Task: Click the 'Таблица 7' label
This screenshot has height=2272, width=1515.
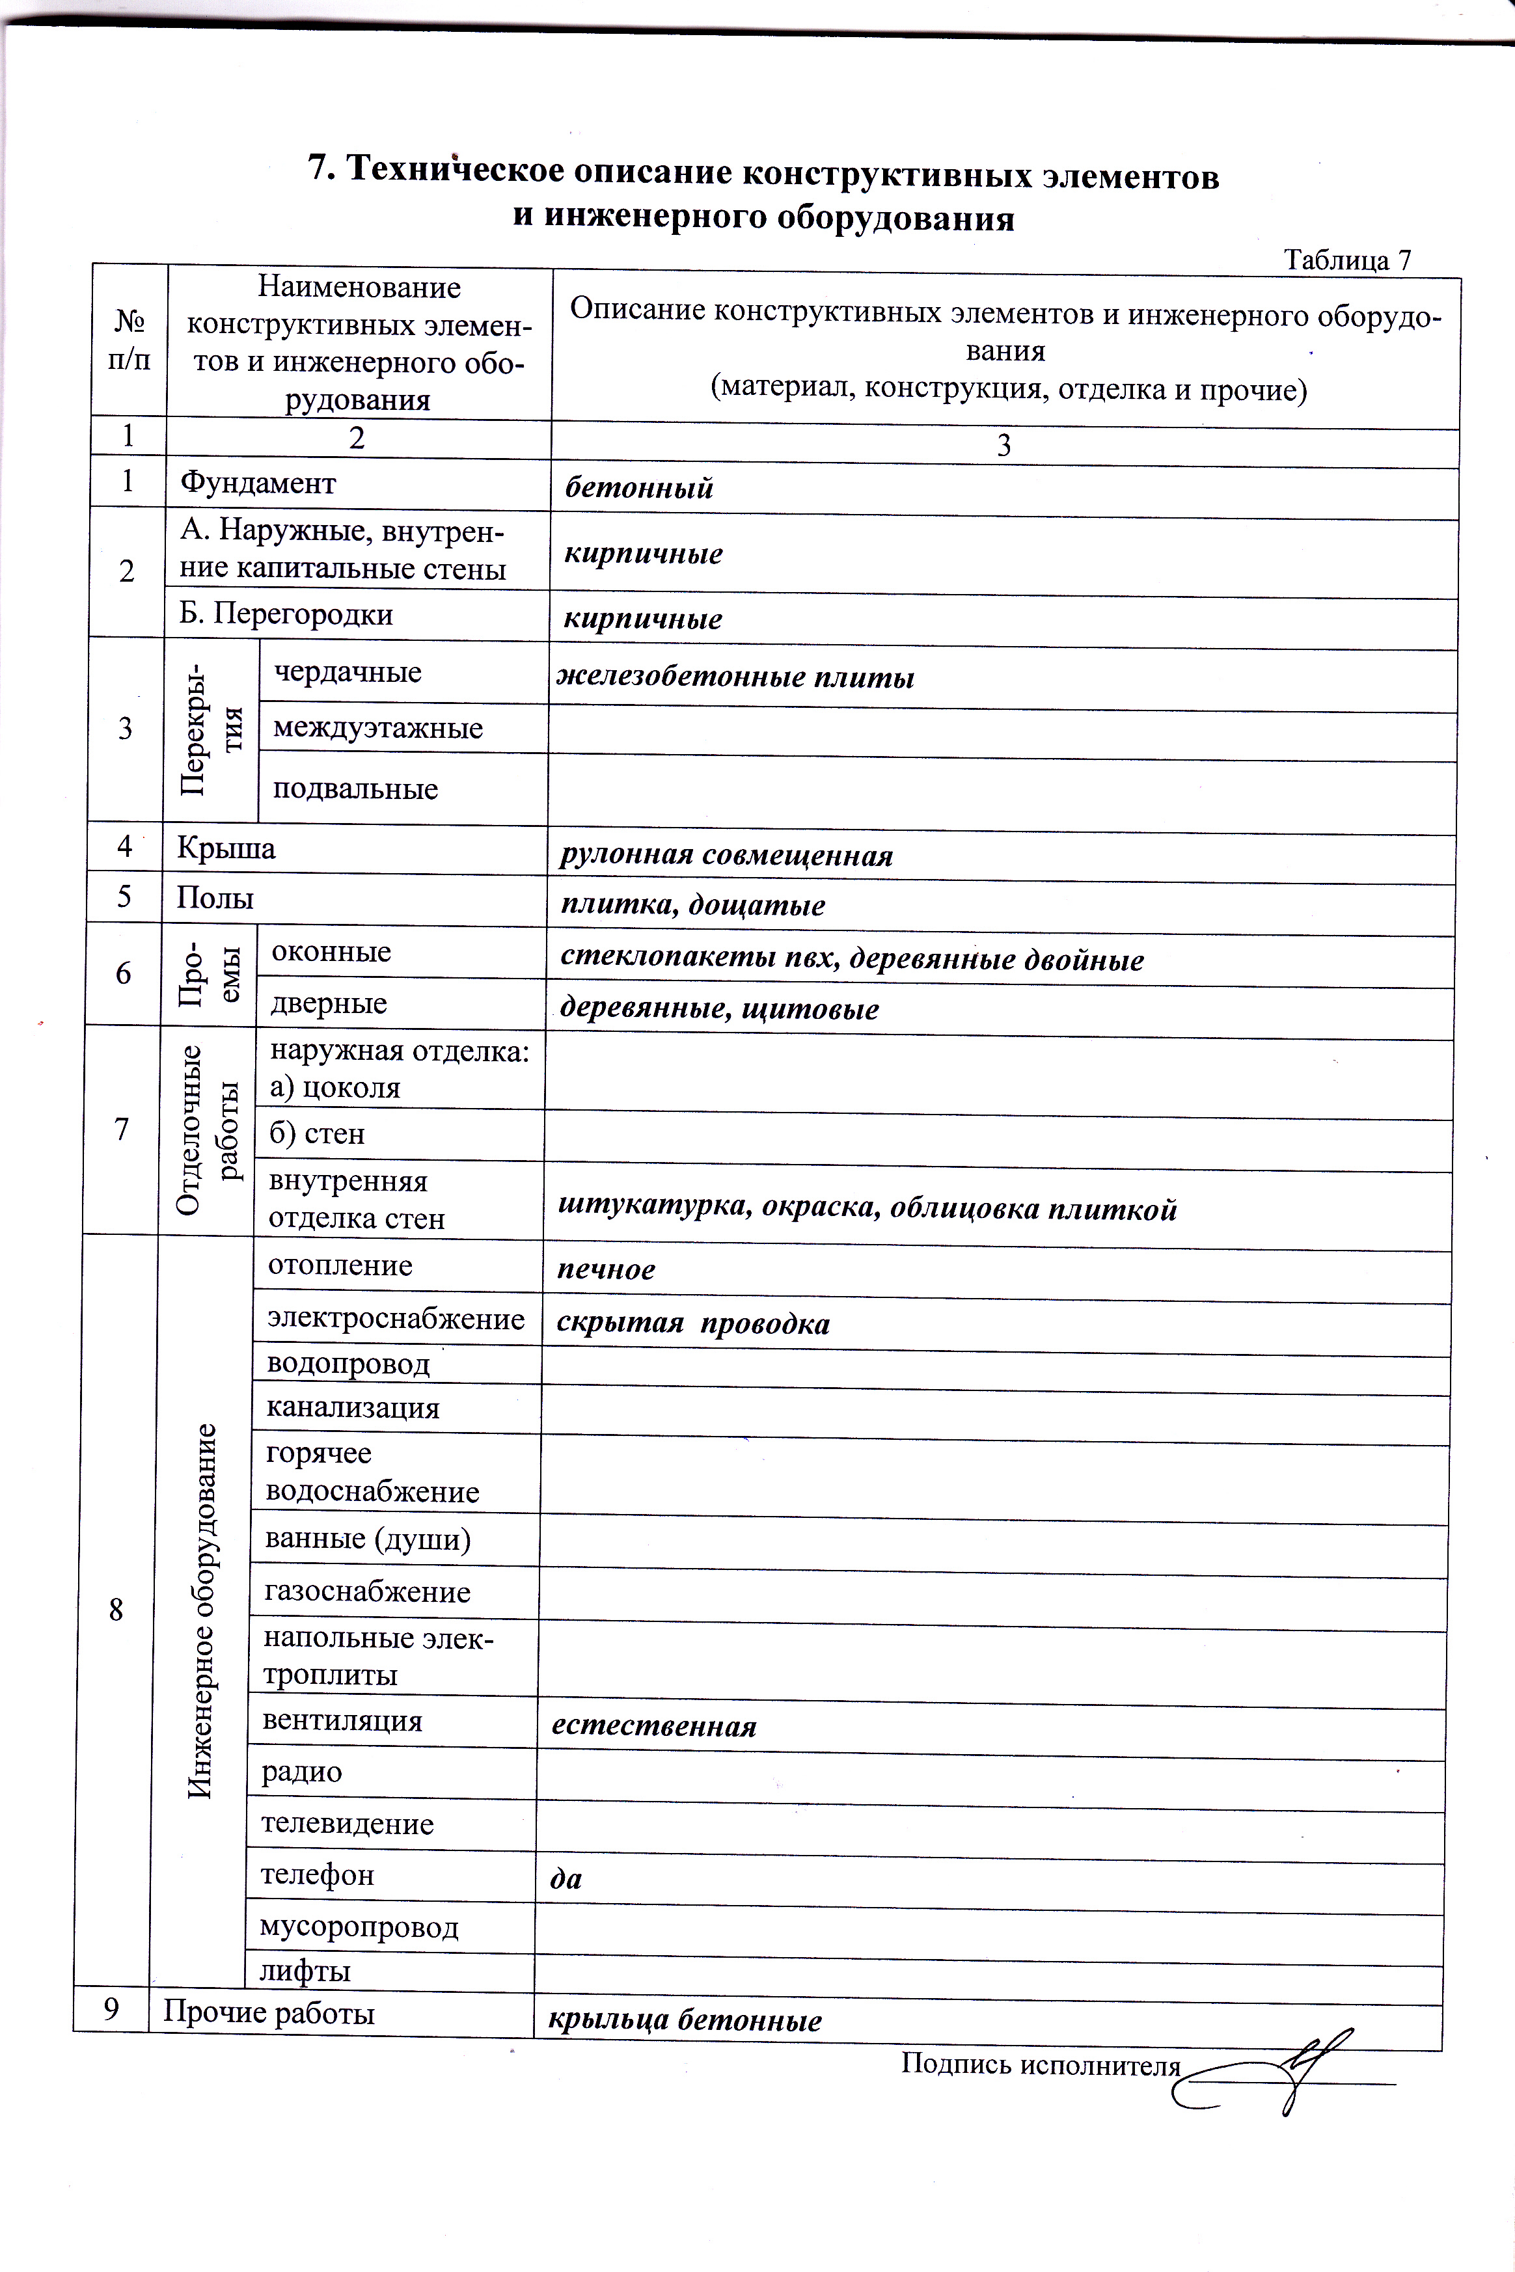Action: pyautogui.click(x=1347, y=260)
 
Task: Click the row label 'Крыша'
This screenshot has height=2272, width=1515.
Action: pyautogui.click(x=226, y=848)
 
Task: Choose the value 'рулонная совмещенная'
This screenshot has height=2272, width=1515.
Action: pyautogui.click(x=726, y=856)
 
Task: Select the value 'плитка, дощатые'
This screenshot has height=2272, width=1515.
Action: pyautogui.click(x=693, y=905)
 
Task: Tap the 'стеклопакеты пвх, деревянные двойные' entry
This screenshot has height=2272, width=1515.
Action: pyautogui.click(x=853, y=959)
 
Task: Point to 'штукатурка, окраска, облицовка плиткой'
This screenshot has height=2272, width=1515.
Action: pyautogui.click(x=867, y=1208)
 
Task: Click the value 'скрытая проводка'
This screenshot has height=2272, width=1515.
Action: pyautogui.click(x=693, y=1323)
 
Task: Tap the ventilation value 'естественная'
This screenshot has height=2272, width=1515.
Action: pyautogui.click(x=654, y=1726)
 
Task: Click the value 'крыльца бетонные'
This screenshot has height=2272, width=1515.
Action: pyautogui.click(x=685, y=2020)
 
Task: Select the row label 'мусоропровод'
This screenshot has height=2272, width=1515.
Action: pyautogui.click(x=359, y=1927)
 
